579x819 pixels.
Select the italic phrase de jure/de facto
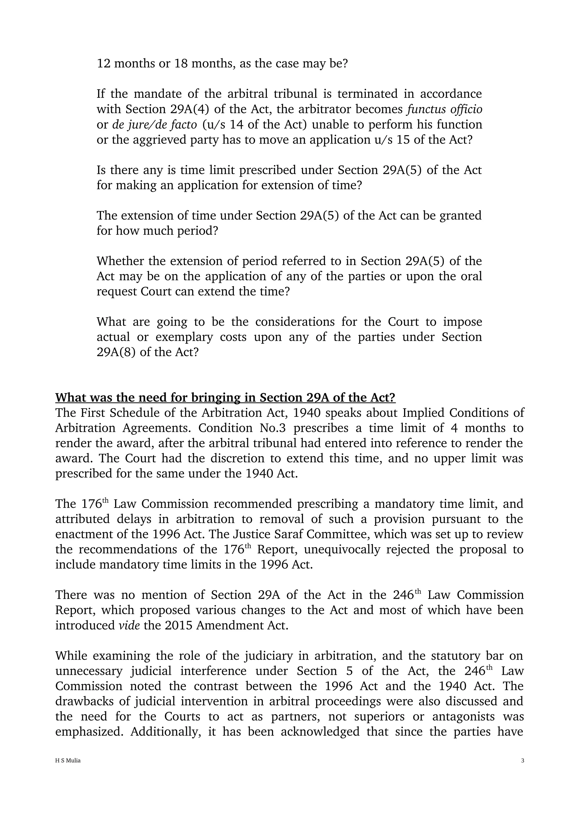click(x=154, y=125)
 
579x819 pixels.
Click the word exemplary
click(x=184, y=337)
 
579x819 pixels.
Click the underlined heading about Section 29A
click(x=225, y=397)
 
